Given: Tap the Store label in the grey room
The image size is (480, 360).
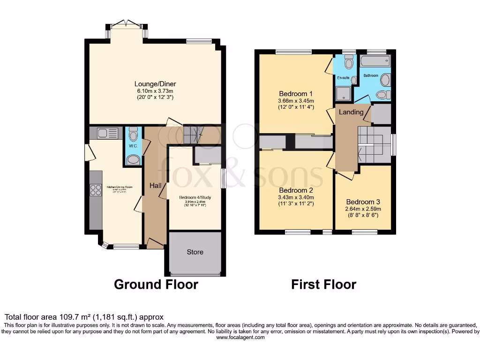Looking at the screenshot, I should [x=195, y=252].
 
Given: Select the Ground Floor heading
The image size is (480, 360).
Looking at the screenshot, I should [x=156, y=284].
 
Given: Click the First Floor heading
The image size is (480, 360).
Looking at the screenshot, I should [x=323, y=284].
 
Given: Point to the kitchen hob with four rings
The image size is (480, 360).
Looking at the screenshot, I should [x=96, y=190].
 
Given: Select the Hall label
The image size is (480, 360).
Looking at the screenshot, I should [x=155, y=186].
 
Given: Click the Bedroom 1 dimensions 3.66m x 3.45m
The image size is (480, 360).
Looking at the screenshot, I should [x=296, y=100].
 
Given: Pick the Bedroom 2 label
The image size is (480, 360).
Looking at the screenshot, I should [x=296, y=190].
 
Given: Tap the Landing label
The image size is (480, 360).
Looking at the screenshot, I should [x=351, y=112].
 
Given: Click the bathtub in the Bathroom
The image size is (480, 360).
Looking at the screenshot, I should [x=375, y=61].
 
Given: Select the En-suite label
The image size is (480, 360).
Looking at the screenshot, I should [x=343, y=78].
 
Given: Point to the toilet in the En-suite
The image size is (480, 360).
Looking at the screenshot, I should [x=348, y=62].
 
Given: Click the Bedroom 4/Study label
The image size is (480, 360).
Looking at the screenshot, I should [x=195, y=198].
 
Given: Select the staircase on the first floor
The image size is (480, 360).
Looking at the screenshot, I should [x=374, y=142].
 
